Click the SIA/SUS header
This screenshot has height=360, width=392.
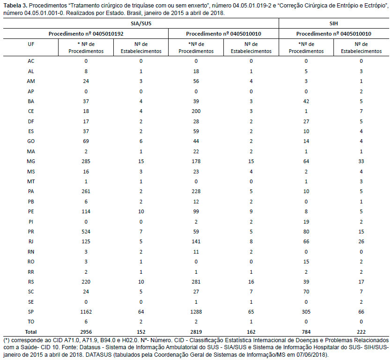[141, 23]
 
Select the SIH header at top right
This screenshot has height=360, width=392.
[333, 23]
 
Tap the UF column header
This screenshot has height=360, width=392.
[31, 44]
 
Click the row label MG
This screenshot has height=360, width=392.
[31, 161]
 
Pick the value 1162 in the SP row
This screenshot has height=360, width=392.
[86, 312]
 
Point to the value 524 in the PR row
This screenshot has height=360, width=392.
[86, 232]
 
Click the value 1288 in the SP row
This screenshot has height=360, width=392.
[196, 312]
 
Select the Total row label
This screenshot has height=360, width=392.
[31, 332]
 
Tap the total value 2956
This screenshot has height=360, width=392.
[86, 332]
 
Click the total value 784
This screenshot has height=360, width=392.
[306, 332]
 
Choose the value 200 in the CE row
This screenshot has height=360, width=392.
[196, 111]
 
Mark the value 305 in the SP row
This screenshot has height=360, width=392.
[306, 312]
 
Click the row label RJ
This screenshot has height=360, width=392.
[31, 242]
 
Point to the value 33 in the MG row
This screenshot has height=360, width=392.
[361, 161]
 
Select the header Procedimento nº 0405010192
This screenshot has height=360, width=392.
[86, 34]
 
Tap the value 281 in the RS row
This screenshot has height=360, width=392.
[196, 282]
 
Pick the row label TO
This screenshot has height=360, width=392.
[31, 322]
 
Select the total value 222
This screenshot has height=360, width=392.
[361, 332]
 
